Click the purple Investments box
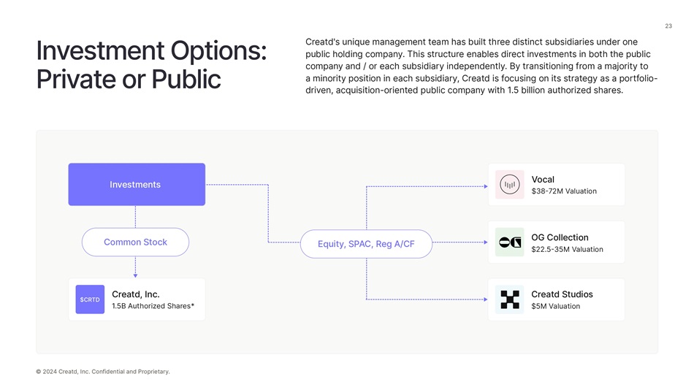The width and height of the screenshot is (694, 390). click(x=137, y=184)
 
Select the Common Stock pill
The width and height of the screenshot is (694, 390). click(x=135, y=242)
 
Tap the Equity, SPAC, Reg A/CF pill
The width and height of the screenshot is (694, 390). click(x=366, y=244)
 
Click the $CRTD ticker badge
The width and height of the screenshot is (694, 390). click(x=90, y=299)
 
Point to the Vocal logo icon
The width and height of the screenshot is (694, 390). click(x=509, y=185)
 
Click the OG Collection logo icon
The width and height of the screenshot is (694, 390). click(x=509, y=242)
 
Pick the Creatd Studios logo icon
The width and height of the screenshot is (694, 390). click(x=509, y=299)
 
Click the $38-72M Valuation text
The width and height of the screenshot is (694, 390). click(x=563, y=191)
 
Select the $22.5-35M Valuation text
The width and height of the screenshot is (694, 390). click(x=567, y=249)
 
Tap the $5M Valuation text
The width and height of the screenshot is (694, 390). click(x=555, y=306)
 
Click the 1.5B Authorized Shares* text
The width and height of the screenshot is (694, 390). click(x=153, y=306)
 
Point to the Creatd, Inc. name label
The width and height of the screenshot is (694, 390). click(x=135, y=294)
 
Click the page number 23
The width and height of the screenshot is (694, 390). click(x=668, y=26)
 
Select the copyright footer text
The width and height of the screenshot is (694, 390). click(x=102, y=372)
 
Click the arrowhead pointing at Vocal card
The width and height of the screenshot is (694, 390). click(x=485, y=186)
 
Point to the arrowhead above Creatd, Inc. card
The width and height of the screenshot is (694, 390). click(x=135, y=275)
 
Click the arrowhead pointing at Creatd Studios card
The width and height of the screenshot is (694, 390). click(x=485, y=299)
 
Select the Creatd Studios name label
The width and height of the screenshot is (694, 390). click(x=562, y=294)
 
